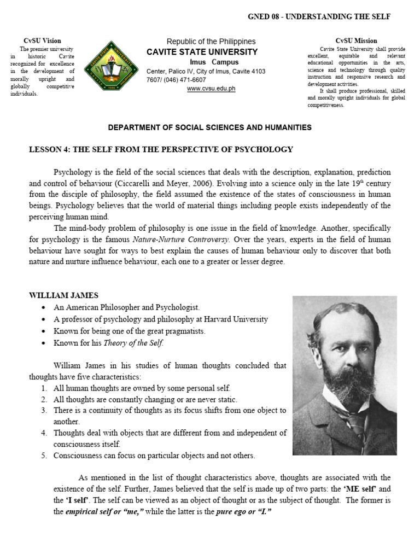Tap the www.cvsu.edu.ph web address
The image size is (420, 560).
tap(211, 89)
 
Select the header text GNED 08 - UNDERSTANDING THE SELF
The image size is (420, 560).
tap(319, 17)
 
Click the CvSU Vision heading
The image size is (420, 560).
tap(43, 40)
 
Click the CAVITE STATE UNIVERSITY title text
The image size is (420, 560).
tap(202, 52)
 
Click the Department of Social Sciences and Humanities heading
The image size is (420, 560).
tap(210, 127)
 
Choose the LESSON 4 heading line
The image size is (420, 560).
tap(161, 149)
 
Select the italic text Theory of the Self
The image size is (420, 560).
tap(136, 343)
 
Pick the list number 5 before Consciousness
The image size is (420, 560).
tap(44, 456)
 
